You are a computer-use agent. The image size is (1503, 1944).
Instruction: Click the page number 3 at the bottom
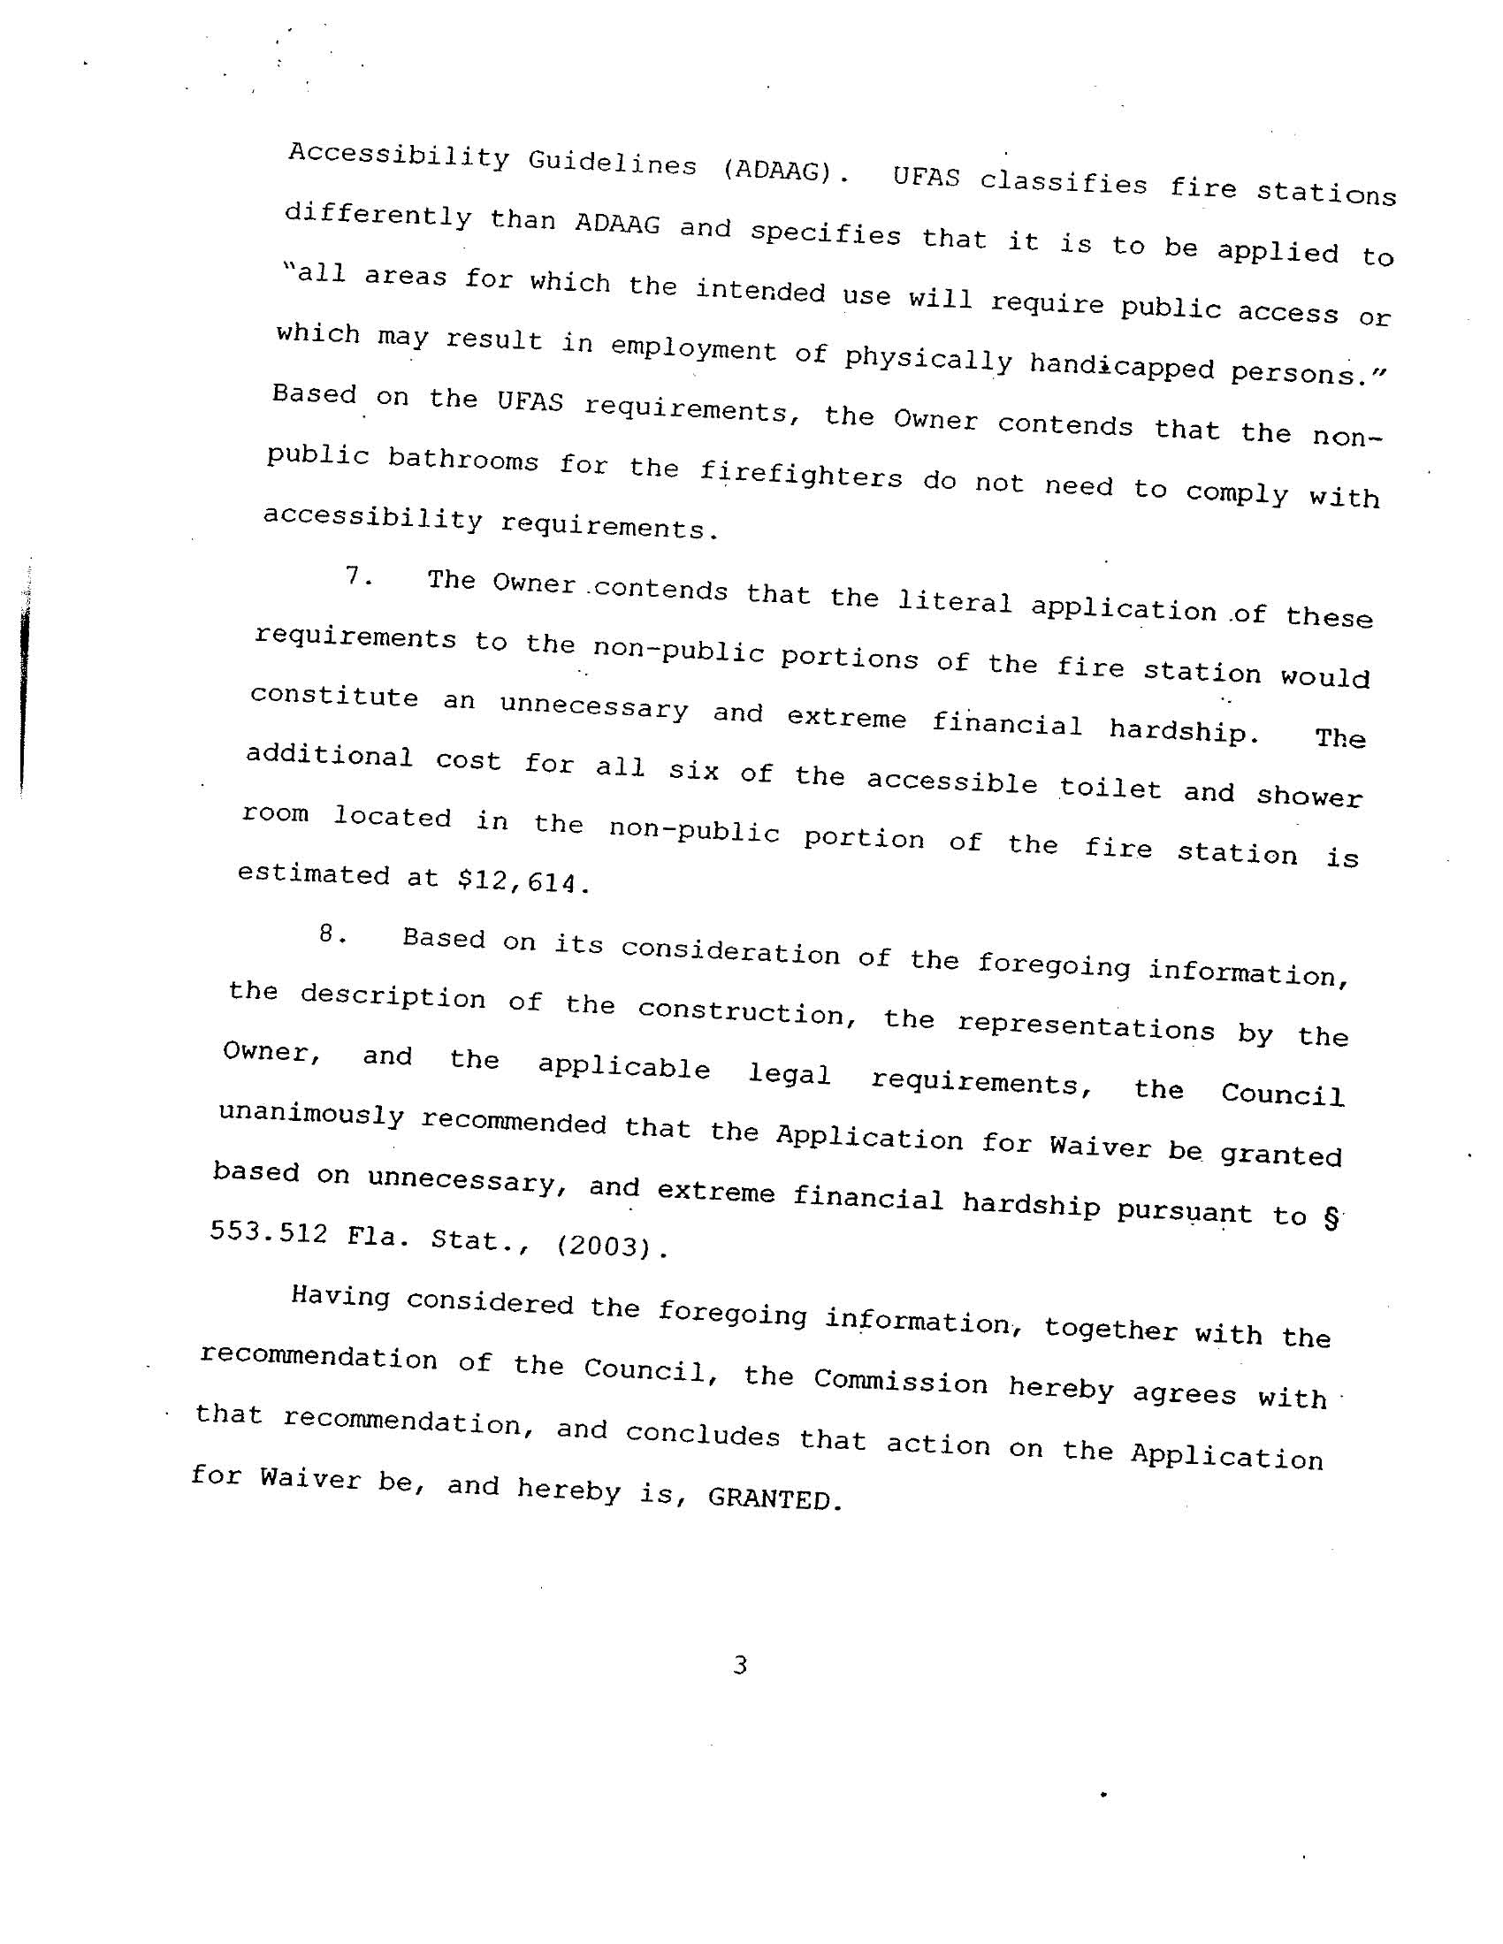[x=739, y=1665]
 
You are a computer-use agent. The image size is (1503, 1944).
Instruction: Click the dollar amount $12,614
[x=523, y=881]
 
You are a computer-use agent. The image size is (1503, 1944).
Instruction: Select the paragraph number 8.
[x=332, y=934]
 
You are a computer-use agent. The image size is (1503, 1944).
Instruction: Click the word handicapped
[x=1121, y=365]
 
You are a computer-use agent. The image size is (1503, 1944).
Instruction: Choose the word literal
[x=954, y=603]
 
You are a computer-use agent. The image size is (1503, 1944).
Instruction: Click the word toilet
[x=1110, y=789]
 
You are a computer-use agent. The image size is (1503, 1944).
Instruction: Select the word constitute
[x=334, y=696]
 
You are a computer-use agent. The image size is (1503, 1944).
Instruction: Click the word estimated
[x=314, y=874]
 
